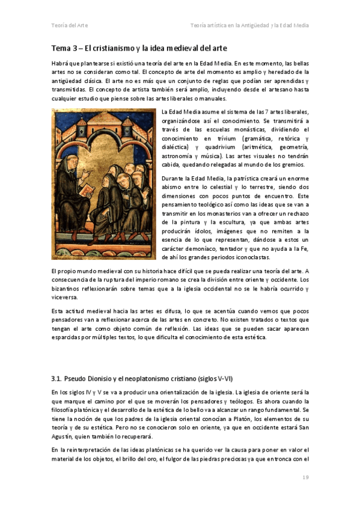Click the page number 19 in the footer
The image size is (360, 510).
pyautogui.click(x=305, y=477)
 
